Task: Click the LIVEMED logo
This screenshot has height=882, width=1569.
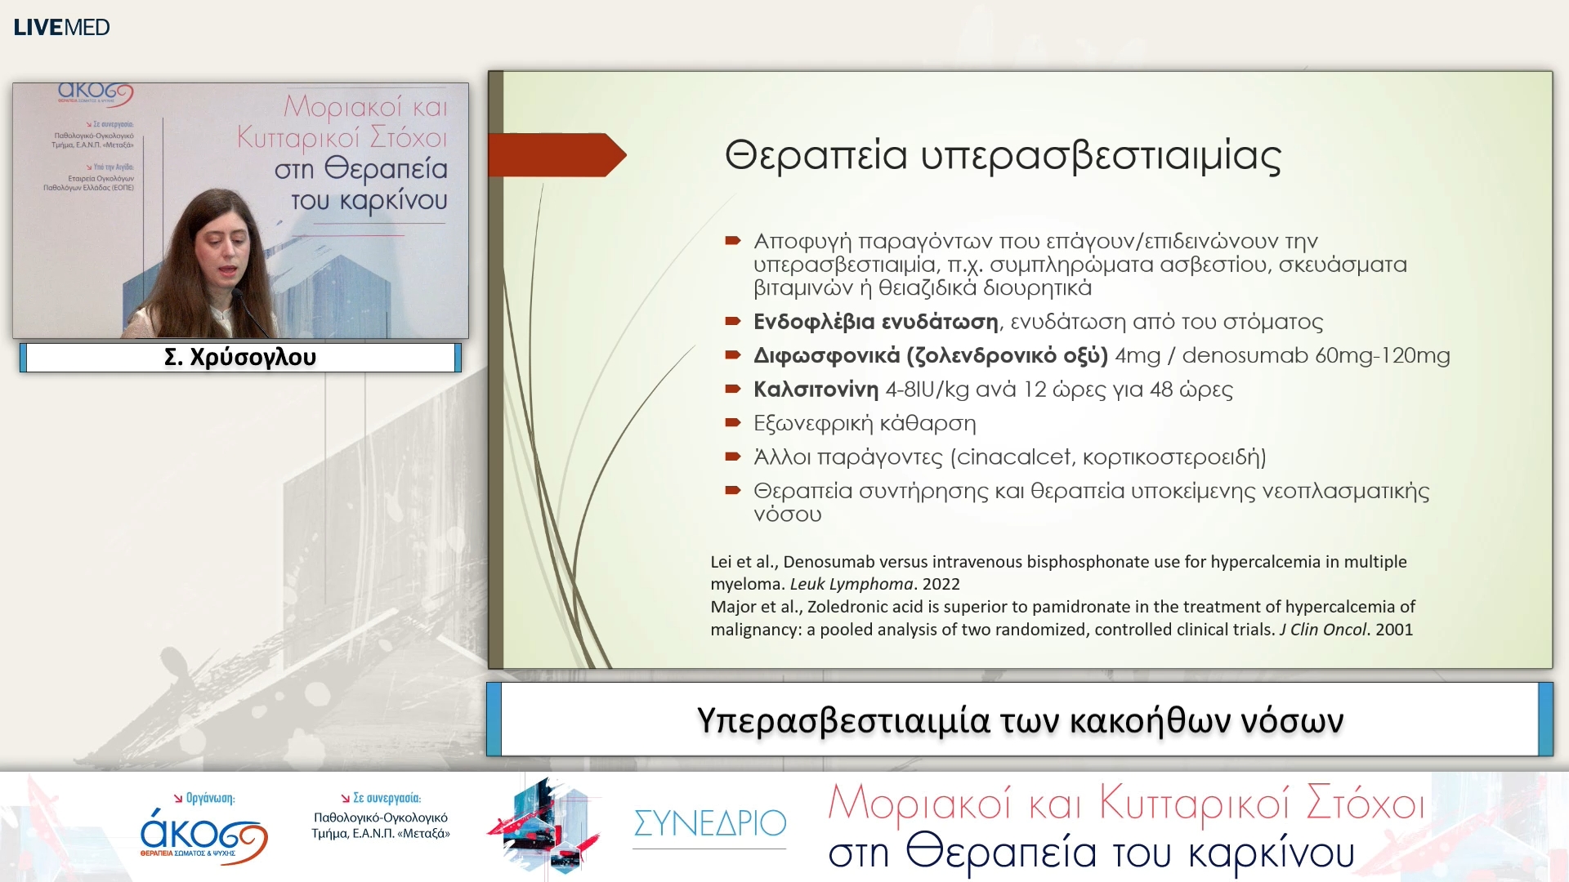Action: [x=61, y=27]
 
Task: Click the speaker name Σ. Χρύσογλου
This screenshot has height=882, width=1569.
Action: [x=239, y=357]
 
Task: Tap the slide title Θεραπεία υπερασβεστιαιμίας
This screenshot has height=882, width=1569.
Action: [x=1003, y=155]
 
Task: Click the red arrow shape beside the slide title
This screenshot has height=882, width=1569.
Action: [x=557, y=155]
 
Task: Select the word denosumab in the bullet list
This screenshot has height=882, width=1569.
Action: [x=1236, y=355]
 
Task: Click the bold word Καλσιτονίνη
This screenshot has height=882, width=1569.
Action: [x=816, y=390]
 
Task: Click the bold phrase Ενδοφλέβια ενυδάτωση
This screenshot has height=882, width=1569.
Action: [x=875, y=322]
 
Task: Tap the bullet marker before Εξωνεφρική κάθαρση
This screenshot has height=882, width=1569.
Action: [x=732, y=423]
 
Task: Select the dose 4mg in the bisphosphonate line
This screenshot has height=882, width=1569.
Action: [x=1138, y=355]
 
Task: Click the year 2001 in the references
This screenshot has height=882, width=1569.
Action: [x=1394, y=630]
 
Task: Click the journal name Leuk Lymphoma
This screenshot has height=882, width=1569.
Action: [x=851, y=584]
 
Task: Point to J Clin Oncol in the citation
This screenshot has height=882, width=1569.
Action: [x=1322, y=630]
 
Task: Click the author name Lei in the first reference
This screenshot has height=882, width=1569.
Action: [x=721, y=562]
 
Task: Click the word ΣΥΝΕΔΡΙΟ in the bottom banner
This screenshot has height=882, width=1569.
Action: [x=709, y=822]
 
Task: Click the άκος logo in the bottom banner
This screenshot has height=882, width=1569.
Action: [x=203, y=835]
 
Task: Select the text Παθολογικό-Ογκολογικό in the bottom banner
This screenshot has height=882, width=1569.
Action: [x=380, y=817]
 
